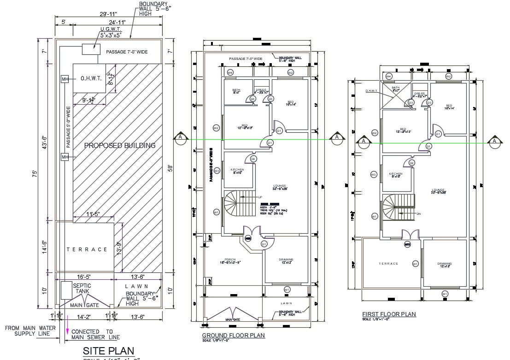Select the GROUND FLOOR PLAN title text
click(x=233, y=335)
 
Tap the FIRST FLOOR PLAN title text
click(x=389, y=314)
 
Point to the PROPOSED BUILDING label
click(x=120, y=145)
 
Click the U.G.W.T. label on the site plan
click(x=111, y=29)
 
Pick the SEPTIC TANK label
click(x=82, y=289)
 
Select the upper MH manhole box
click(x=65, y=79)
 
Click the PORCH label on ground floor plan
click(x=230, y=260)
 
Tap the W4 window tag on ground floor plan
click(x=230, y=73)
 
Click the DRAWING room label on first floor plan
click(x=445, y=264)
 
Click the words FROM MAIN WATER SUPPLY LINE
click(x=30, y=330)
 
